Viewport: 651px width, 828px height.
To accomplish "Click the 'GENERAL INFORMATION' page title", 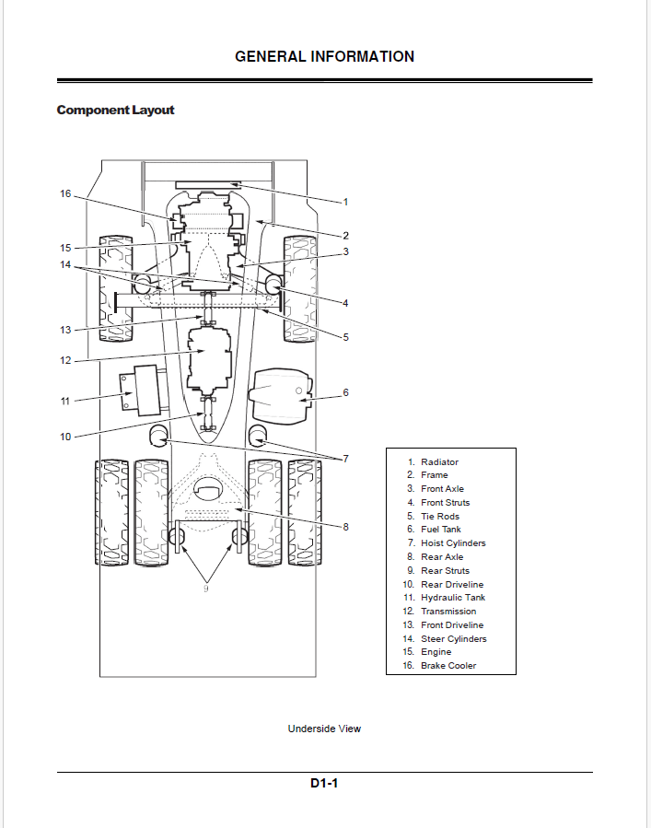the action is [x=324, y=56].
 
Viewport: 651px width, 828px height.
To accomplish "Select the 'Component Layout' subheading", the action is [x=115, y=110].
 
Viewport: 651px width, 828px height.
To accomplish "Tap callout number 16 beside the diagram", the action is [x=65, y=193].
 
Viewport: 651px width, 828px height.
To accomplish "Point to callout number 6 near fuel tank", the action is [x=346, y=392].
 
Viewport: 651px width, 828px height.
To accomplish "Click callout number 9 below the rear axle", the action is [x=206, y=589].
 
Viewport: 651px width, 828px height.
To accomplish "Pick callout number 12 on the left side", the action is [x=65, y=361].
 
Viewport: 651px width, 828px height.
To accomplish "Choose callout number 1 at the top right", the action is [x=346, y=202].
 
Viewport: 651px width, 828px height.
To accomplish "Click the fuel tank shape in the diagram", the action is [x=280, y=395].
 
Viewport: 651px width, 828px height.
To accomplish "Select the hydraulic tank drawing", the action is [x=143, y=391].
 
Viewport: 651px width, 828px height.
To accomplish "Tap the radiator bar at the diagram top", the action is [x=208, y=184].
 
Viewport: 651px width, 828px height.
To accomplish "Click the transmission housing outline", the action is [x=210, y=361].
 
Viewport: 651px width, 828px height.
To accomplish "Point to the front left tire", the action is [x=116, y=288].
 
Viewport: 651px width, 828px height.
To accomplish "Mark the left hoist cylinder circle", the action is [x=158, y=435].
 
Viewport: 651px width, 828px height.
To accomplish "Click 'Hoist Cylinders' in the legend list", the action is [x=453, y=542].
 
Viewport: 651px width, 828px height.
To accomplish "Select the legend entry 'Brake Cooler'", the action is [x=448, y=665].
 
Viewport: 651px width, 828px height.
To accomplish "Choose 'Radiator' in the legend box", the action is [x=439, y=461].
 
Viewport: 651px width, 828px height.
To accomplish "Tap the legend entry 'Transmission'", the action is [x=448, y=611].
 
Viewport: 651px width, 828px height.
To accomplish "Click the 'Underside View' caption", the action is [x=324, y=729].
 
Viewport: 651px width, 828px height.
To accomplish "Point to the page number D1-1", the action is [x=324, y=783].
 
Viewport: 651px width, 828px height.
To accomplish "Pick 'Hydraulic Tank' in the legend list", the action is [x=453, y=597].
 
